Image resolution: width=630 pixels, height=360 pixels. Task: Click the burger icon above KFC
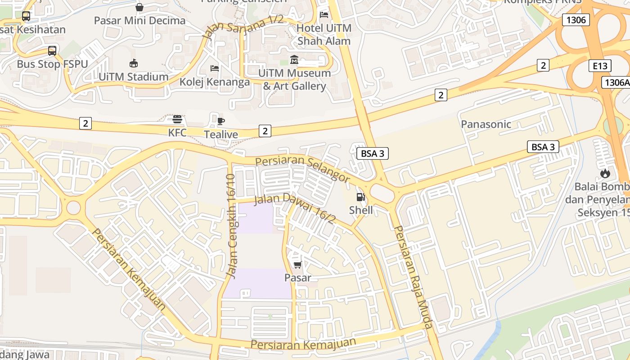click(177, 119)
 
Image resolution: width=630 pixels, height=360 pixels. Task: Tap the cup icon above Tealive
click(220, 121)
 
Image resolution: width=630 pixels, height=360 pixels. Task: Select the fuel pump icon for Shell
click(360, 197)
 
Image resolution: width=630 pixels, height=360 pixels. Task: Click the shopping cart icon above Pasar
click(297, 265)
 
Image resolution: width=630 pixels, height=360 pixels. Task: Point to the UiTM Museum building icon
click(294, 59)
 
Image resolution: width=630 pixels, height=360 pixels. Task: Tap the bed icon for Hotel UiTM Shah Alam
click(324, 14)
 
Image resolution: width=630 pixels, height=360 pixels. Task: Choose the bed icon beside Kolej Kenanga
click(215, 68)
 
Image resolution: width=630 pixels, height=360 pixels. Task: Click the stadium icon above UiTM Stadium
click(133, 63)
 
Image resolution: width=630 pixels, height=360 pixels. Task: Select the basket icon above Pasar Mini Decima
click(139, 7)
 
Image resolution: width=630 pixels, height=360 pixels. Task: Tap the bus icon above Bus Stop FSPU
click(52, 50)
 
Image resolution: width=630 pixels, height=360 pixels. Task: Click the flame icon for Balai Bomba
click(605, 173)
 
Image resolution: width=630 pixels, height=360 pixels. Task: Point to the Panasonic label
click(486, 124)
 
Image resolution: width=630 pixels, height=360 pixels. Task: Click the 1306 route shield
click(576, 20)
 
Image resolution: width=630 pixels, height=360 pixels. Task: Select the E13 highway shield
click(600, 66)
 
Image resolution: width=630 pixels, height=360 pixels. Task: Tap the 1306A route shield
click(615, 82)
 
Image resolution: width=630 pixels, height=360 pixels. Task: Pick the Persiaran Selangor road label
click(302, 169)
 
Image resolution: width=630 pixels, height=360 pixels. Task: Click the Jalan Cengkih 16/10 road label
click(231, 225)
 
